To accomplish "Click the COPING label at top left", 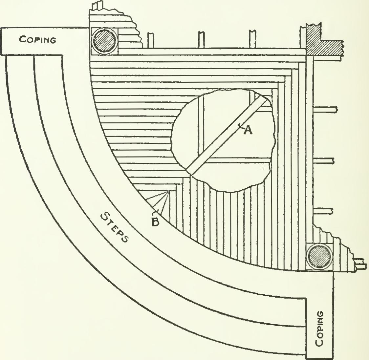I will click(37, 40).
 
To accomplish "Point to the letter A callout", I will click(248, 130).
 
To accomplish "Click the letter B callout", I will click(155, 222).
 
